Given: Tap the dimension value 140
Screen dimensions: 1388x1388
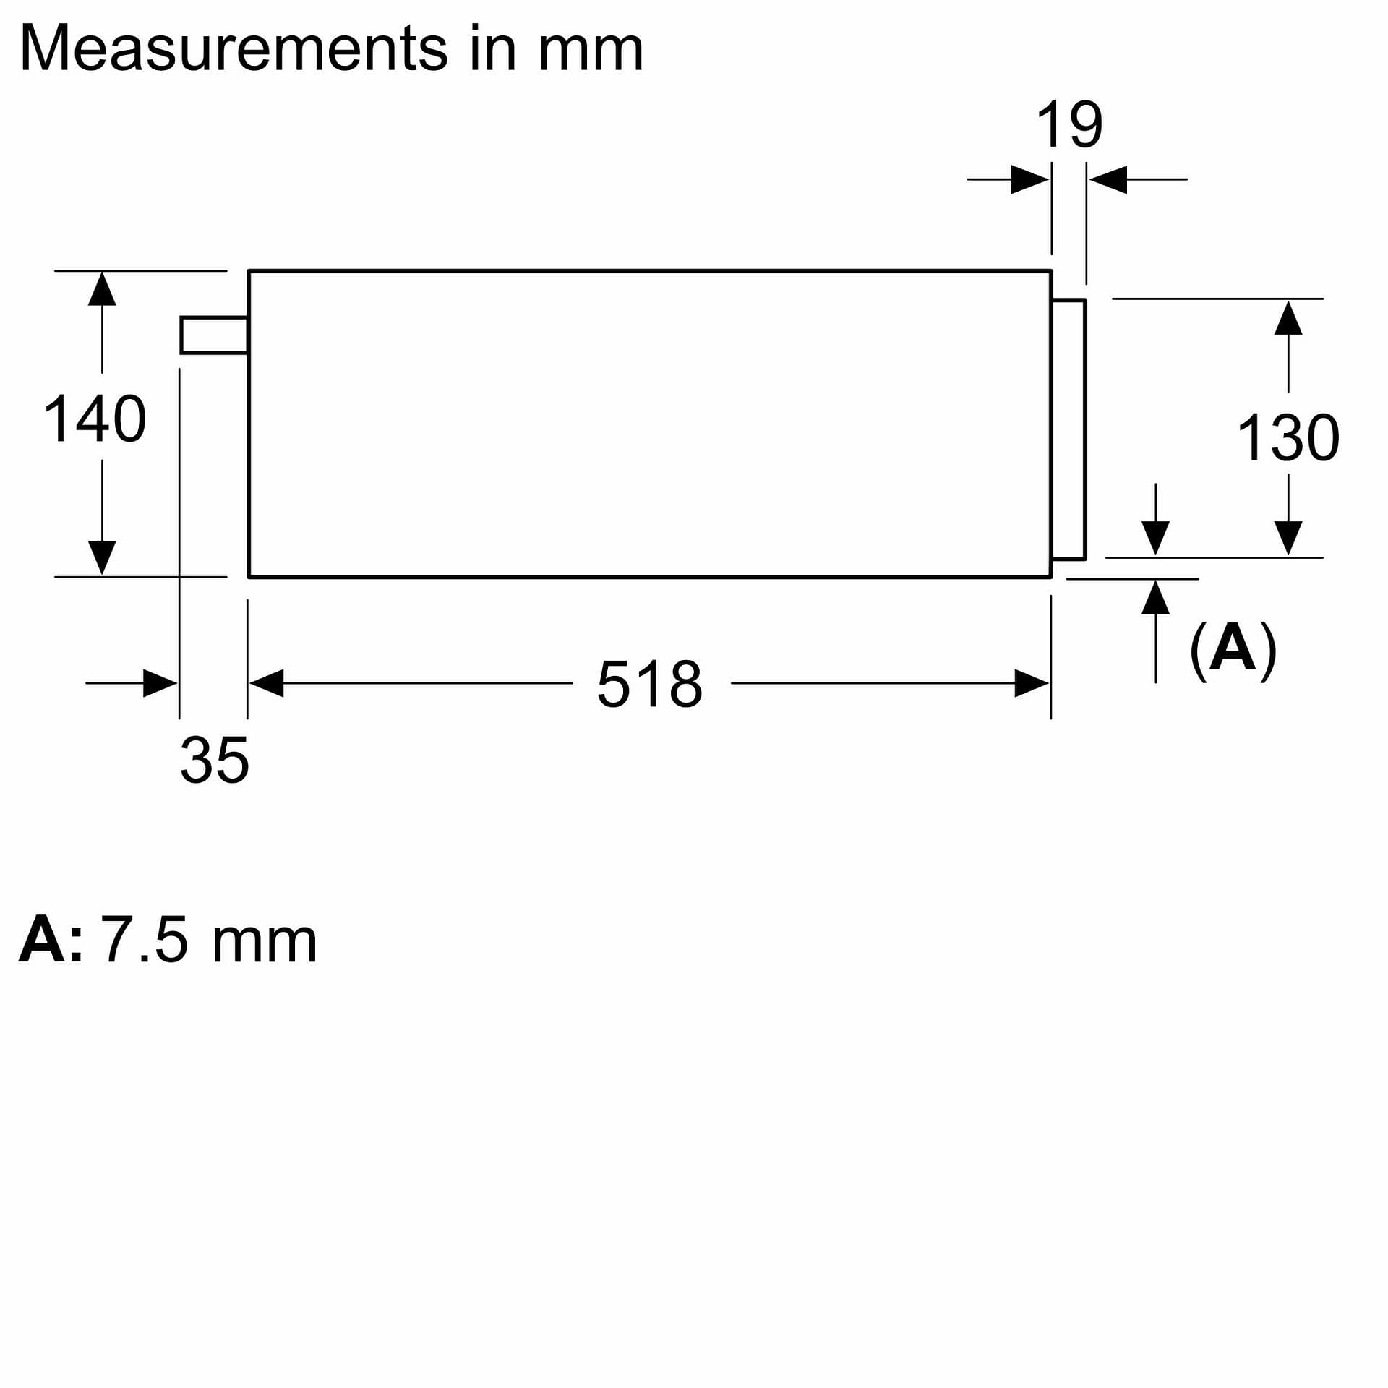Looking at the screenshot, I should pyautogui.click(x=95, y=419).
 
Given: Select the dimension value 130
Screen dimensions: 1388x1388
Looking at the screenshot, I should pyautogui.click(x=1288, y=437).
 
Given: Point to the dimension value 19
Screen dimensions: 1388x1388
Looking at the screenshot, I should pyautogui.click(x=1069, y=125).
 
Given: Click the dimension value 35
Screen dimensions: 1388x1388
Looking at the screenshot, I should pyautogui.click(x=214, y=760).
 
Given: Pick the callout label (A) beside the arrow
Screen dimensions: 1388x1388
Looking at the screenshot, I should pyautogui.click(x=1233, y=649).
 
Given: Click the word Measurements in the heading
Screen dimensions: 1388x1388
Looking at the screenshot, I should pyautogui.click(x=233, y=49).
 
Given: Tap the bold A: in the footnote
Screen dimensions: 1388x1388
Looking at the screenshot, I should pyautogui.click(x=49, y=941).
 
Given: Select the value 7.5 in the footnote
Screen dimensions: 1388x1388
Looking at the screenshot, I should pyautogui.click(x=143, y=941).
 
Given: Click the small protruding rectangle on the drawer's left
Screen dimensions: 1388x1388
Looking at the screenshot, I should pyautogui.click(x=214, y=335).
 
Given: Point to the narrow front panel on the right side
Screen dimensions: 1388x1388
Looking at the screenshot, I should pyautogui.click(x=1068, y=429).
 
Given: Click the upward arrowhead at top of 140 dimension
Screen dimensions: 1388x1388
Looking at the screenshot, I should pyautogui.click(x=102, y=289).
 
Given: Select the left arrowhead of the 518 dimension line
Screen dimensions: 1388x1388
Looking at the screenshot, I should pyautogui.click(x=266, y=683).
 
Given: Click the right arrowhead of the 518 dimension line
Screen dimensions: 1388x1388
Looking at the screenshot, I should pyautogui.click(x=1032, y=683).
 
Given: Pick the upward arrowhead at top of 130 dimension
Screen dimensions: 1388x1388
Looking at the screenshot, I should pyautogui.click(x=1288, y=318).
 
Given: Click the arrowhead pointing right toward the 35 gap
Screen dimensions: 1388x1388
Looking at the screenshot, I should pyautogui.click(x=160, y=683).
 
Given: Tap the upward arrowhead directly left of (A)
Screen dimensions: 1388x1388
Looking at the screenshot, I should pyautogui.click(x=1155, y=597).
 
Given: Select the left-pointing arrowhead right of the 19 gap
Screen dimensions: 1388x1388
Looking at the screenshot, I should pyautogui.click(x=1108, y=179).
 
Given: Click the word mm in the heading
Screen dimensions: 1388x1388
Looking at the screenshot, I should pyautogui.click(x=591, y=49).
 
